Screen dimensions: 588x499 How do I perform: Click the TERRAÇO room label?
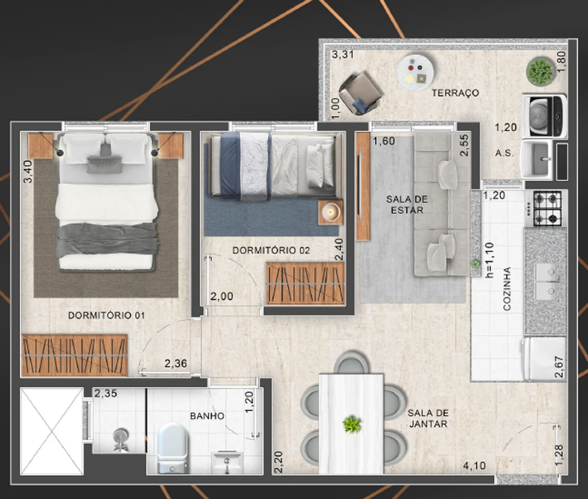pos(455,93)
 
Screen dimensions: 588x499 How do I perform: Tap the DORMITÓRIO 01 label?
pos(106,315)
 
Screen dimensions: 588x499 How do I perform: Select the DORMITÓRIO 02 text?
pos(271,250)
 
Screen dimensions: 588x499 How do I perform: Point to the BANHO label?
pos(207,416)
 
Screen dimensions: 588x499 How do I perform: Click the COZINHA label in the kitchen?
pos(507,289)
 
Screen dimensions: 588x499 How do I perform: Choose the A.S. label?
pos(505,153)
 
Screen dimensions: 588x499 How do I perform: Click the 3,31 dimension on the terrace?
pos(343,54)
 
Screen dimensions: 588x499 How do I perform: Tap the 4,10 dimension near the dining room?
pos(474,466)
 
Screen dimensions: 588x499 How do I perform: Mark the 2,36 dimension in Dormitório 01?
pos(176,363)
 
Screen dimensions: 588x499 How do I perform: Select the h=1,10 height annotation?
pos(489,260)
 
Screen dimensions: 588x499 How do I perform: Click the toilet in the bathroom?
pos(172,448)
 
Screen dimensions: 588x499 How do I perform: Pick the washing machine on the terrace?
pos(544,116)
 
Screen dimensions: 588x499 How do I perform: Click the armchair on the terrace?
pos(360,93)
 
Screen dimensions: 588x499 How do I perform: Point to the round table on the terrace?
pos(415,72)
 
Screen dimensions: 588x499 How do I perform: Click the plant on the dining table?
pos(352,424)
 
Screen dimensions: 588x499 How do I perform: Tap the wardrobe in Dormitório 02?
pos(305,284)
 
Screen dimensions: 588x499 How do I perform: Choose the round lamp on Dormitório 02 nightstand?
pos(330,212)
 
